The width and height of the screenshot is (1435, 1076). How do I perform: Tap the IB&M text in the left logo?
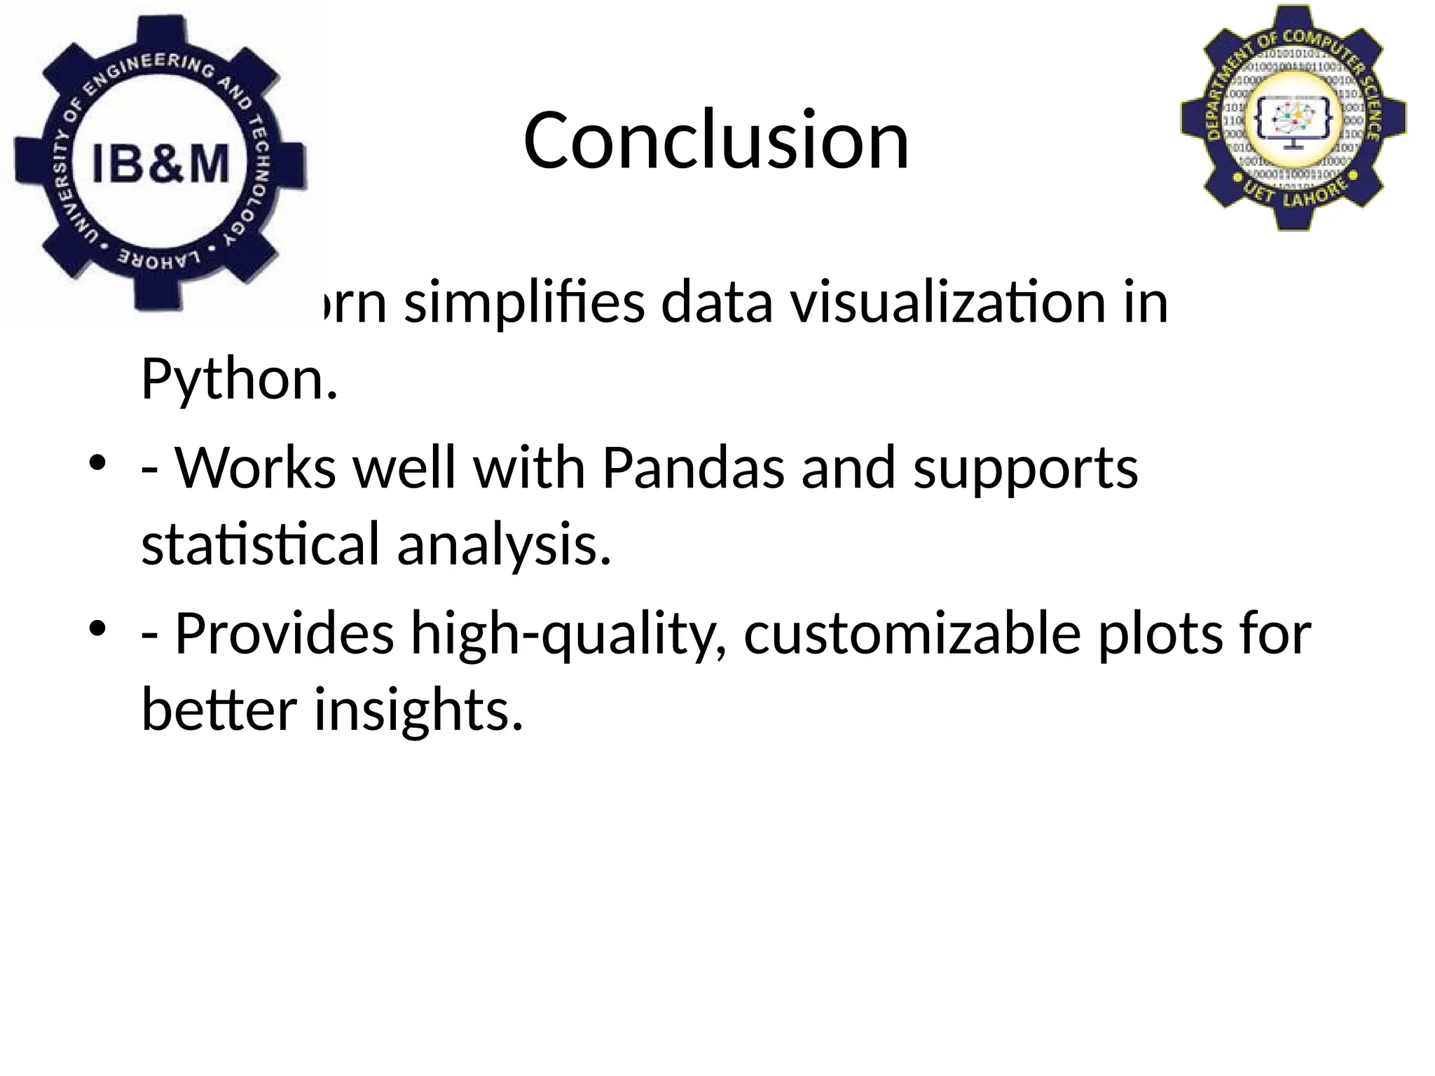(x=160, y=165)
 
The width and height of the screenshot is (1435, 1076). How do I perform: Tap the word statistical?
(x=260, y=544)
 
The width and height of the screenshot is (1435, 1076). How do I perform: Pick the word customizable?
(x=912, y=633)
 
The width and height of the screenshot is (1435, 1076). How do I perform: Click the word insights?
(x=418, y=710)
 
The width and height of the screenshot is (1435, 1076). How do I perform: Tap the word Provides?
(x=284, y=633)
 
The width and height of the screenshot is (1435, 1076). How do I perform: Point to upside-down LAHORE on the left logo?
(x=158, y=261)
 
